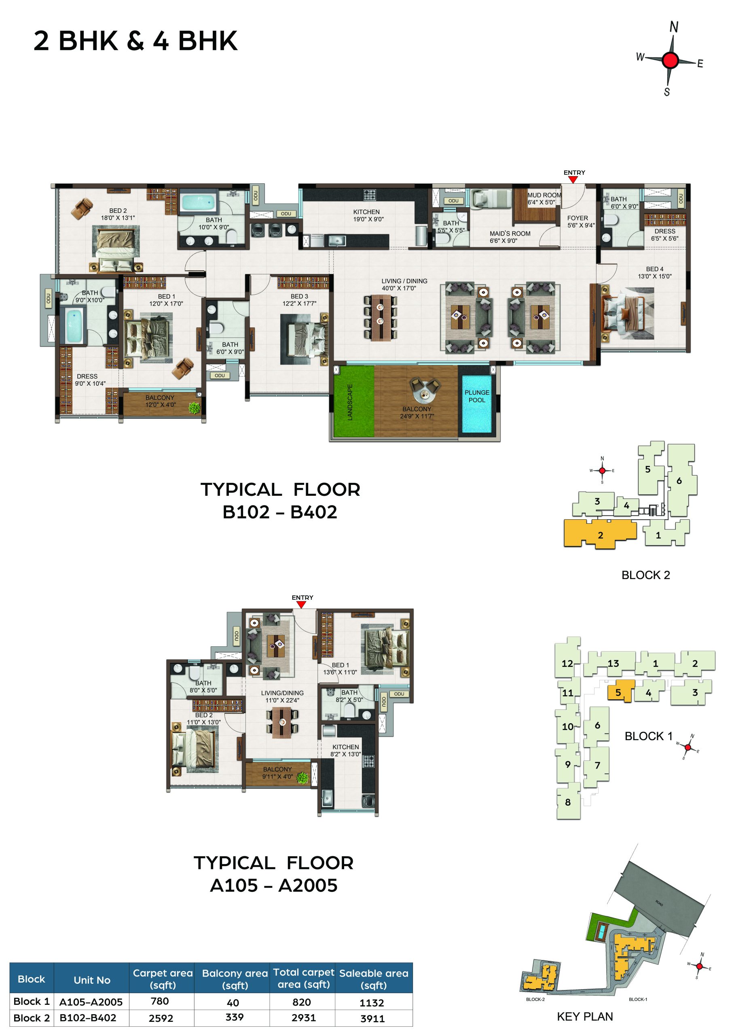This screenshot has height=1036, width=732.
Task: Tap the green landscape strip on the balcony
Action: click(353, 401)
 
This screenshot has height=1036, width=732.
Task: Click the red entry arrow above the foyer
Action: click(573, 180)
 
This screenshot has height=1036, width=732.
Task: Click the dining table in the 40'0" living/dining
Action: click(381, 317)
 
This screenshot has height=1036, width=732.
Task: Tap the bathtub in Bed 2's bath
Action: click(197, 201)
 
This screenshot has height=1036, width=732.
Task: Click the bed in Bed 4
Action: click(627, 313)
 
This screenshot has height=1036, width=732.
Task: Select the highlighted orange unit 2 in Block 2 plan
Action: click(600, 534)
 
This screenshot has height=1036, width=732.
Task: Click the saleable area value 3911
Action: click(372, 1019)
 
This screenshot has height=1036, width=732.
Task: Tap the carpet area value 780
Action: click(160, 1001)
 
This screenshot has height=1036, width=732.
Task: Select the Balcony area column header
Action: click(235, 979)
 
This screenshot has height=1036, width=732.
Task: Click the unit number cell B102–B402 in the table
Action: click(88, 1018)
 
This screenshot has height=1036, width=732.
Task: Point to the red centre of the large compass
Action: click(671, 60)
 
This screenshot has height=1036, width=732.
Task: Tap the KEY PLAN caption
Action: click(584, 1017)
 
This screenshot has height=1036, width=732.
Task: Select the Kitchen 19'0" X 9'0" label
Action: click(368, 216)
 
